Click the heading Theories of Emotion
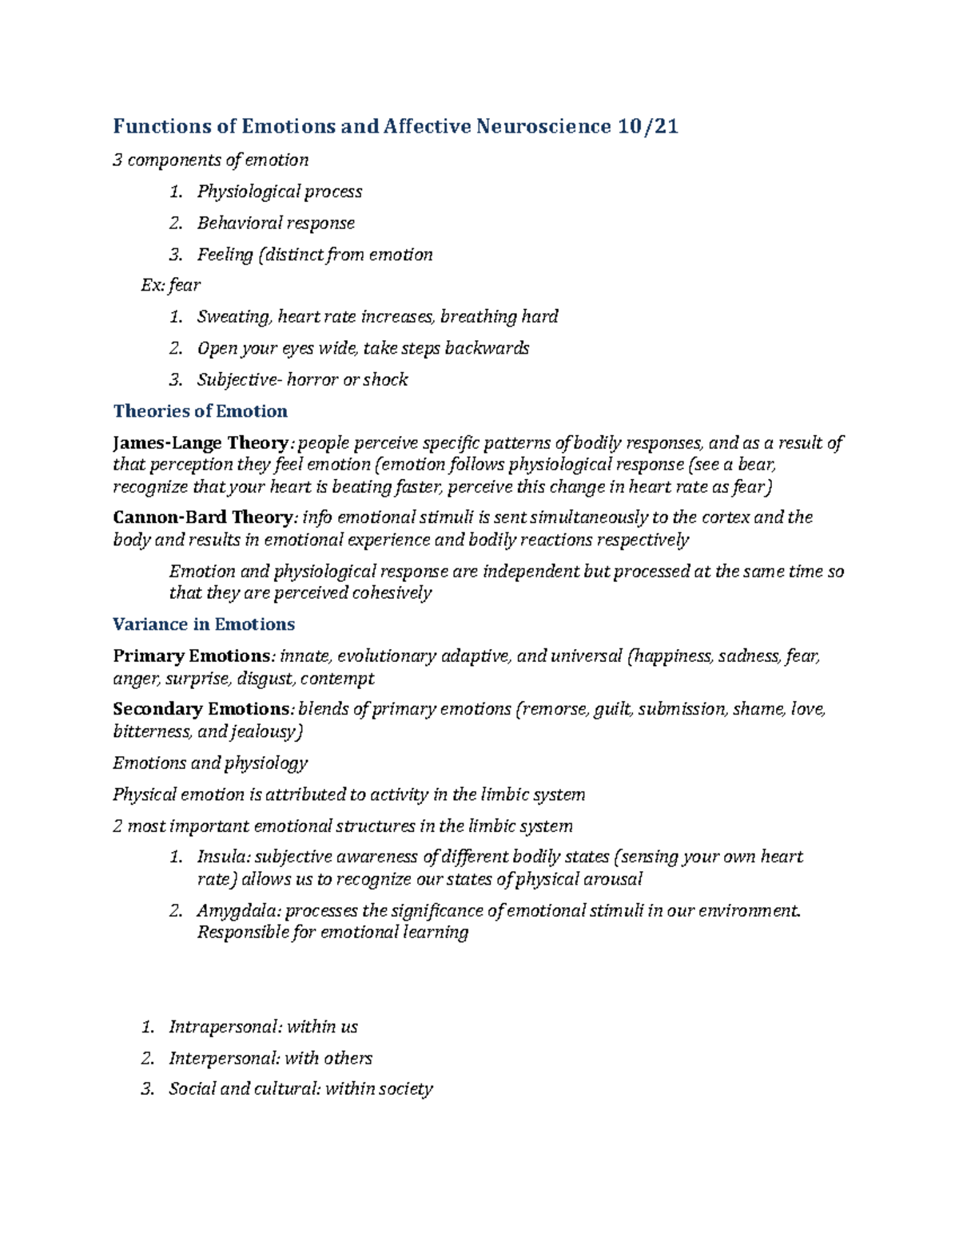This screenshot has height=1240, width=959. click(x=200, y=411)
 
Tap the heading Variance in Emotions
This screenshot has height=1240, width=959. click(x=204, y=624)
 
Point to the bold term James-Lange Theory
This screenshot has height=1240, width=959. click(x=200, y=443)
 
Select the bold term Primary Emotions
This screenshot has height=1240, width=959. click(x=192, y=656)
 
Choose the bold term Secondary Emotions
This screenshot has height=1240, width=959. click(x=201, y=709)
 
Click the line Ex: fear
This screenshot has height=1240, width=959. click(x=171, y=285)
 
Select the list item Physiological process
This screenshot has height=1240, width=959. click(x=280, y=192)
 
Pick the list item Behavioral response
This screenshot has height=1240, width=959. click(x=276, y=223)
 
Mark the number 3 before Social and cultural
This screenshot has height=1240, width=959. click(x=146, y=1089)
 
